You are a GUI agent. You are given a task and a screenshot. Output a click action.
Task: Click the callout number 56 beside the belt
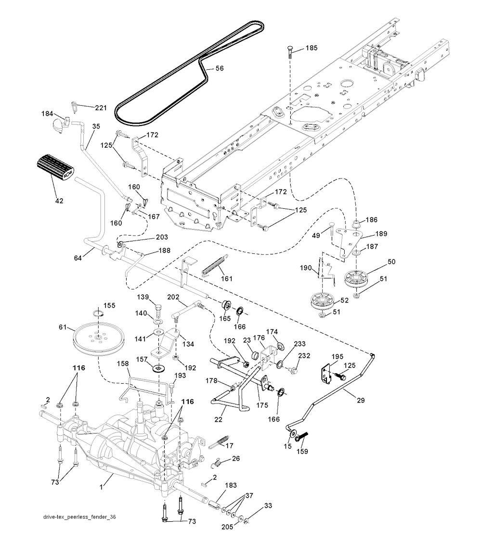pyautogui.click(x=220, y=69)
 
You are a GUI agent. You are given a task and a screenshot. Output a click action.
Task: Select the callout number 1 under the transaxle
pyautogui.click(x=101, y=488)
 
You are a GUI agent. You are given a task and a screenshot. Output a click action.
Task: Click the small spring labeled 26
pyautogui.click(x=219, y=462)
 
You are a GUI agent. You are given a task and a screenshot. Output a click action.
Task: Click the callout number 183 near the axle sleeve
pyautogui.click(x=231, y=486)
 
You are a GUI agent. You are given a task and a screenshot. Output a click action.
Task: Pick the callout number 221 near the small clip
pyautogui.click(x=100, y=108)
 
